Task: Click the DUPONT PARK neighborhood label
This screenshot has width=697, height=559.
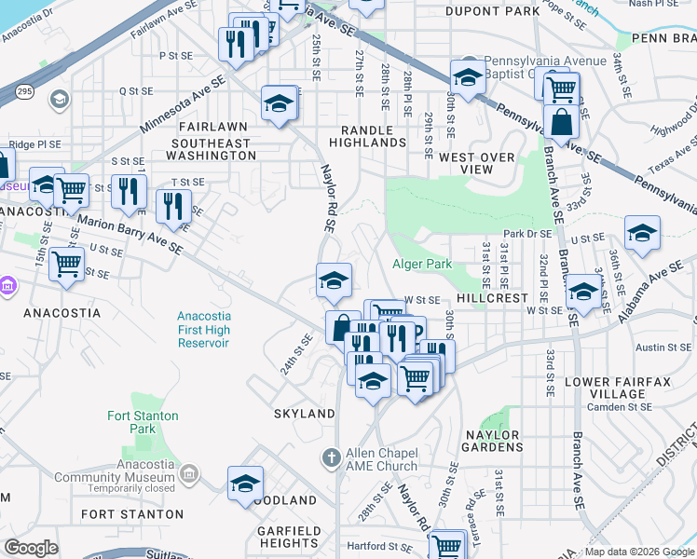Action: [492, 11]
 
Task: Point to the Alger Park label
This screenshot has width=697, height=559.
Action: [422, 265]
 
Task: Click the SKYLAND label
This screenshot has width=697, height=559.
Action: [304, 413]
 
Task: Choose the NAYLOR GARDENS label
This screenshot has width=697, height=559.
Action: [492, 442]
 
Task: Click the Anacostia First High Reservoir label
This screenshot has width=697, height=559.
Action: [203, 330]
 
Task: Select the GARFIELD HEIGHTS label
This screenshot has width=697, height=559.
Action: [289, 537]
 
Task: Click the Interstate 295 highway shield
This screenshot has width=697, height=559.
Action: [25, 91]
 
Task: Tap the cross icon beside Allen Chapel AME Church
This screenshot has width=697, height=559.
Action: [329, 457]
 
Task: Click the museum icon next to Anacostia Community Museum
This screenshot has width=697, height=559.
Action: [189, 475]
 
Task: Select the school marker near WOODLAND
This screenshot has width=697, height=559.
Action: [246, 484]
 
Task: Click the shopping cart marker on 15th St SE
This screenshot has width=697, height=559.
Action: [66, 264]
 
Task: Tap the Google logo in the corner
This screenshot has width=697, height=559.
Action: [31, 548]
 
